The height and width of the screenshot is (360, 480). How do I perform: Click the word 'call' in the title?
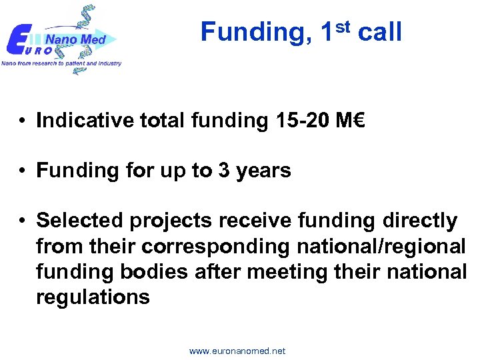(379, 32)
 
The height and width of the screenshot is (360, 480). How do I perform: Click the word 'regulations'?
(93, 297)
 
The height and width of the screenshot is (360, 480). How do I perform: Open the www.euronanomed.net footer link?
(237, 351)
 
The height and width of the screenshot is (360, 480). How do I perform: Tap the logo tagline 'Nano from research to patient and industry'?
(61, 63)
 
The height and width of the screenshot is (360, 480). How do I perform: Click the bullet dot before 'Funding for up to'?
(23, 171)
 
